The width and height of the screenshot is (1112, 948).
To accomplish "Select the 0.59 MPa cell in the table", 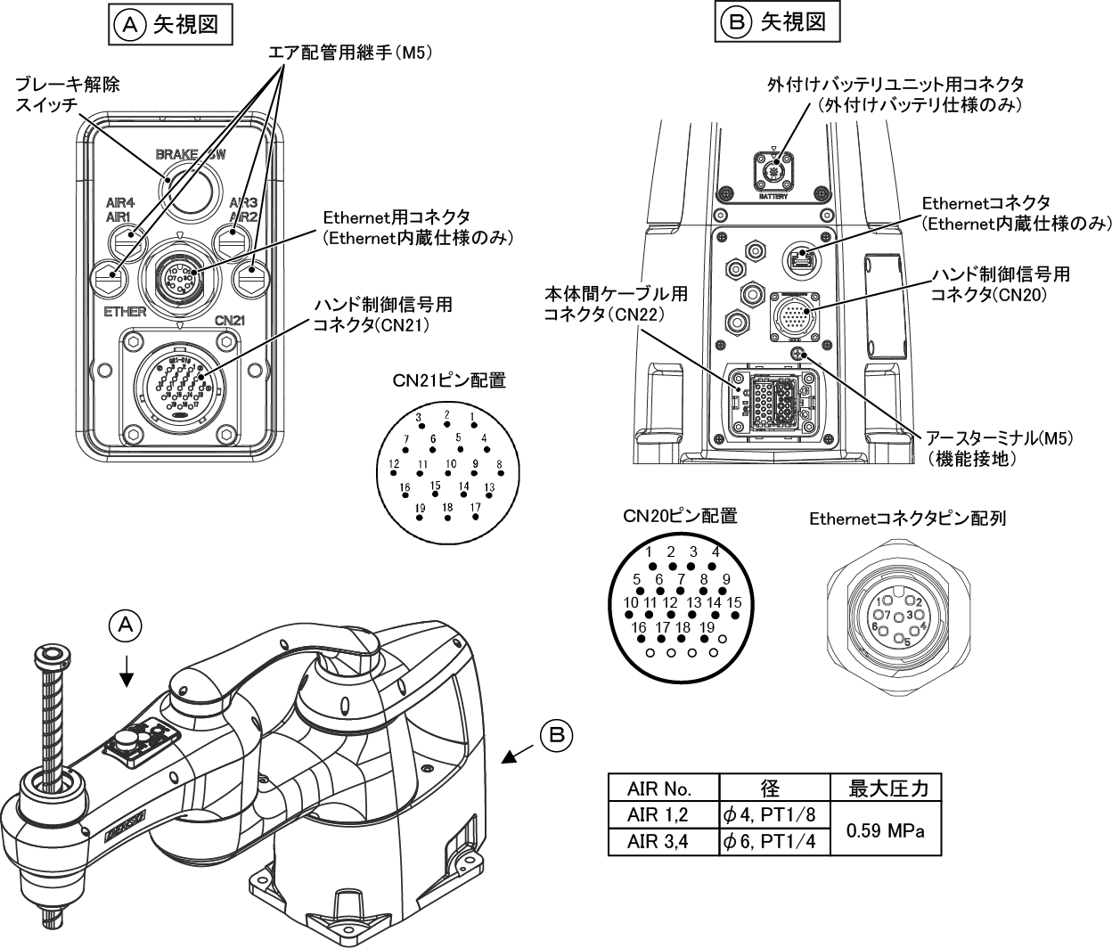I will pyautogui.click(x=885, y=830).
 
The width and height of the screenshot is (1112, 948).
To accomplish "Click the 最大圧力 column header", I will pyautogui.click(x=885, y=789).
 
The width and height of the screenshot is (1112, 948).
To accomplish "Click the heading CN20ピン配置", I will pyautogui.click(x=680, y=516).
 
